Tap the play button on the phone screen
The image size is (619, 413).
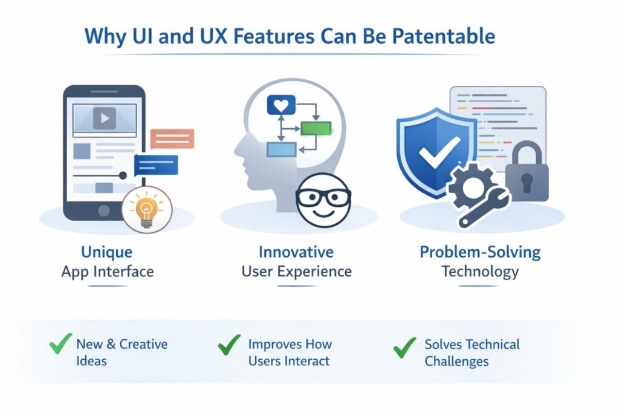tap(105, 119)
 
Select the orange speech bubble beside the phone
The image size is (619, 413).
tap(172, 138)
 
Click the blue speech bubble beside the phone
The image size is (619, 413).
tap(157, 164)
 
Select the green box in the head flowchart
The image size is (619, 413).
tap(316, 128)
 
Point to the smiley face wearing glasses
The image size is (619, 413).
tap(323, 200)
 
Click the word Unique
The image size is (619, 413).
tap(106, 252)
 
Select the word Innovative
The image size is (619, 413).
tap(296, 252)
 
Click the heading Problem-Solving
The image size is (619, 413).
tap(480, 252)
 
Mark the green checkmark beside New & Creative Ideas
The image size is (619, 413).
tap(60, 345)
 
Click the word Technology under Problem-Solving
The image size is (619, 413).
tap(480, 271)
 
